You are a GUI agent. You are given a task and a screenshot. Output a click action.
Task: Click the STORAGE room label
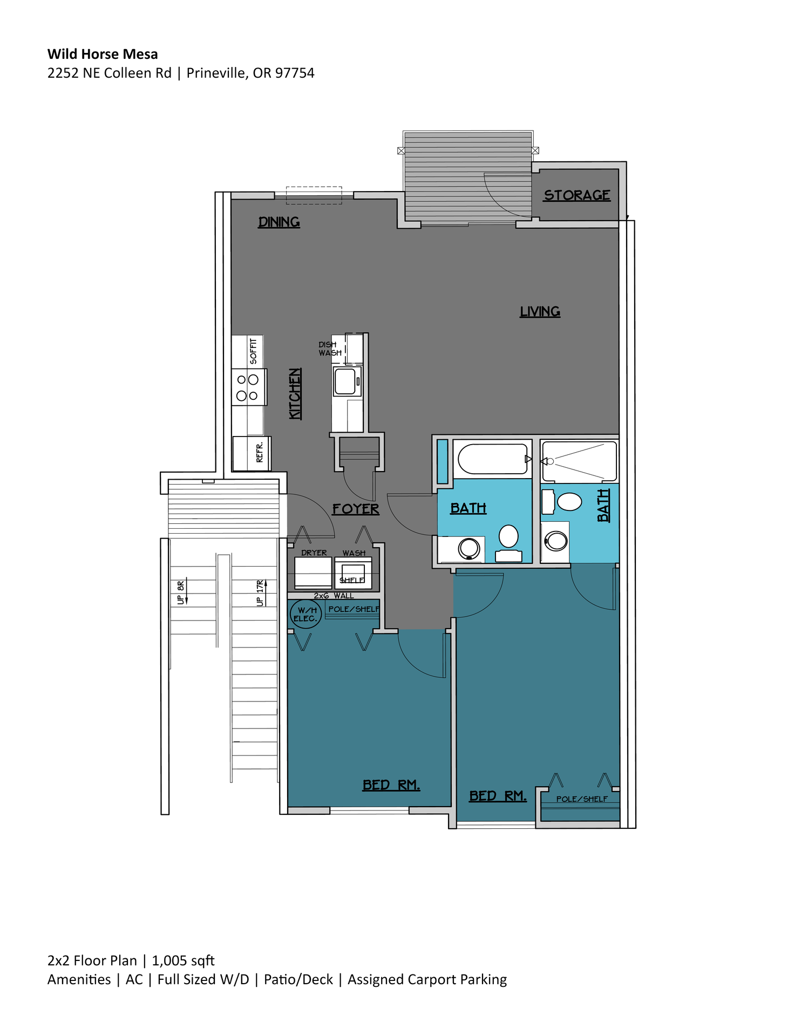[x=576, y=195]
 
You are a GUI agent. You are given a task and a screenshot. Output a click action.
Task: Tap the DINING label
[x=279, y=222]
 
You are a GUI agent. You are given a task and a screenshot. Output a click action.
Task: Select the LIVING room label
[x=540, y=311]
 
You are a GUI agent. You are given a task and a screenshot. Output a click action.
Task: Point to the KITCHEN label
[x=295, y=393]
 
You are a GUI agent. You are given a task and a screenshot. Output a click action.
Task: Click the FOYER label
[x=356, y=509]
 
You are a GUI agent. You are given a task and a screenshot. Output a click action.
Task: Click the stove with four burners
[x=248, y=387]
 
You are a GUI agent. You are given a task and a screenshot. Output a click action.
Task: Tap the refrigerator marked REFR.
[x=252, y=453]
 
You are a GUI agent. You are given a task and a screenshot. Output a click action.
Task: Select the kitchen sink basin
[x=345, y=381]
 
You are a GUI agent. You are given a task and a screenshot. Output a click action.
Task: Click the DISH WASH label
[x=329, y=349]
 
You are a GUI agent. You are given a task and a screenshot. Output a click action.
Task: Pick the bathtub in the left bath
[x=492, y=459]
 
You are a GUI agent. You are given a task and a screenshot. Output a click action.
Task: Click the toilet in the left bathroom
[x=508, y=539]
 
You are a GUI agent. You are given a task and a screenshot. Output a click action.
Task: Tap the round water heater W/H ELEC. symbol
[x=306, y=614]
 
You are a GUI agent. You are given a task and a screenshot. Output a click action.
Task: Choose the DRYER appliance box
[x=313, y=572]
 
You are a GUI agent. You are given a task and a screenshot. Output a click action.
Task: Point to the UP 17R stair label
[x=260, y=593]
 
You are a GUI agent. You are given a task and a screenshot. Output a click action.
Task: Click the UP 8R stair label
[x=181, y=592]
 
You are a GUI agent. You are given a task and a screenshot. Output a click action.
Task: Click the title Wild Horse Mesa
[x=103, y=54]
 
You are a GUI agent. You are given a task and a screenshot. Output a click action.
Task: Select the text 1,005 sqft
[x=183, y=960]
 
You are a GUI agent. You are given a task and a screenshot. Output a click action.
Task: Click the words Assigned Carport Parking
[x=427, y=979]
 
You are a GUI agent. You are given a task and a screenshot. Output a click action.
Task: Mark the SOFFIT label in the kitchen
[x=253, y=351]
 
